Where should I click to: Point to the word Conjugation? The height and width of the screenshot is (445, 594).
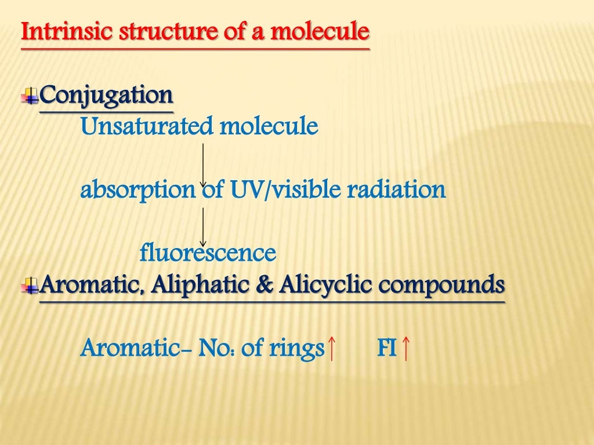point(107,94)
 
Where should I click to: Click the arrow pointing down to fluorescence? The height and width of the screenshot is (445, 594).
point(203,227)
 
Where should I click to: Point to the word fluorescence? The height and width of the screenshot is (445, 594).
point(208,253)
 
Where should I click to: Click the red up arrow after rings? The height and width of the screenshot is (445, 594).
point(331,349)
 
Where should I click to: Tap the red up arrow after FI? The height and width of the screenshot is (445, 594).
point(406,349)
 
